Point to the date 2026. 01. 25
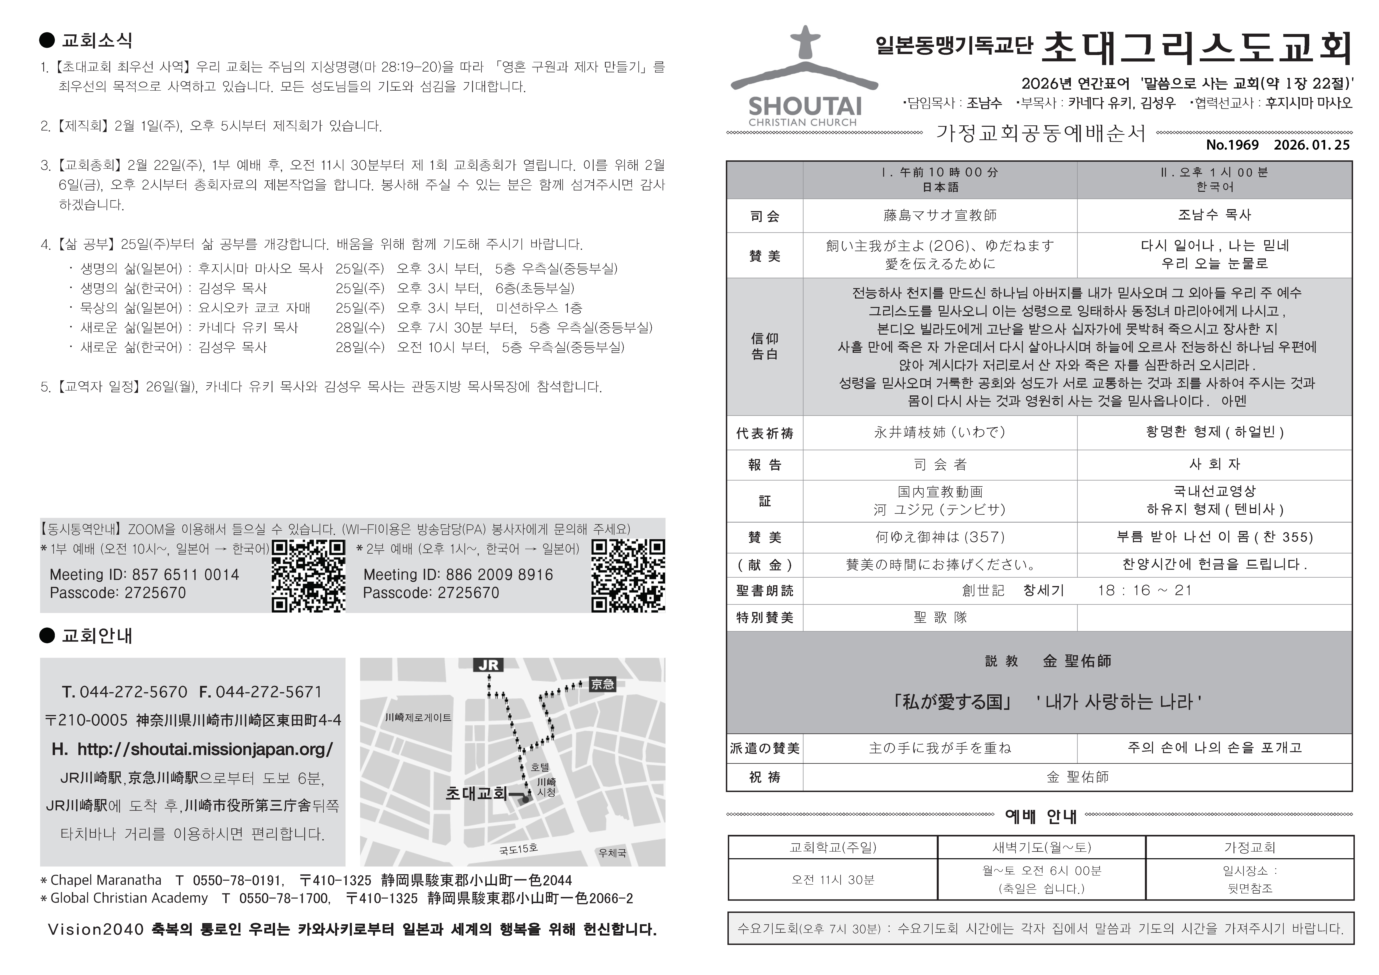coord(1312,145)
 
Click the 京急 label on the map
coord(602,684)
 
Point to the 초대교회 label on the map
coord(476,794)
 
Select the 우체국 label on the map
coord(612,852)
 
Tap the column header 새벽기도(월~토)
coord(1041,847)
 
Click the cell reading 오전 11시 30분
coord(832,879)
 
